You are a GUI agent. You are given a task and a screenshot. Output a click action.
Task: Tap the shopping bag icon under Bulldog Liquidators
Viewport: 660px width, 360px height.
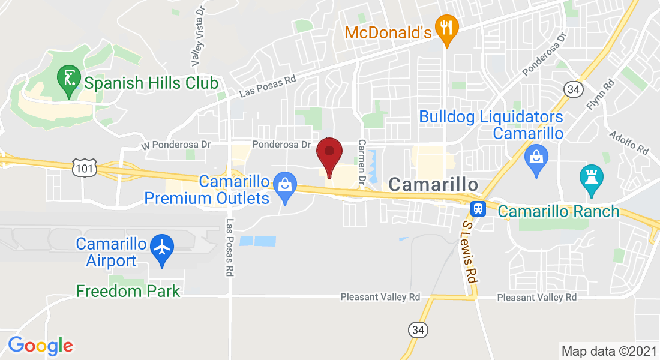click(536, 159)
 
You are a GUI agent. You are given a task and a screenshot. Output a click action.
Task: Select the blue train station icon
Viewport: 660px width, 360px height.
click(478, 208)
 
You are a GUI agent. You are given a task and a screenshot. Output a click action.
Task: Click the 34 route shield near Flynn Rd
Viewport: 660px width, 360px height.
click(574, 90)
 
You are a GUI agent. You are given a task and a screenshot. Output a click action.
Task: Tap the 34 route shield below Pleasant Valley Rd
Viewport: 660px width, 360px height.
click(418, 329)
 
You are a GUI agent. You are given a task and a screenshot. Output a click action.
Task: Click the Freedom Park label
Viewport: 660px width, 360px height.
click(128, 292)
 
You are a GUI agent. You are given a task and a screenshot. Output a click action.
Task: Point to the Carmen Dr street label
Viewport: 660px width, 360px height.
click(362, 161)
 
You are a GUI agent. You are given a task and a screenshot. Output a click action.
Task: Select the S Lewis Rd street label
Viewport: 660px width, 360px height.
click(469, 251)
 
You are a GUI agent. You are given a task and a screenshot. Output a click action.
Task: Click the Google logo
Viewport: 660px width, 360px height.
click(40, 346)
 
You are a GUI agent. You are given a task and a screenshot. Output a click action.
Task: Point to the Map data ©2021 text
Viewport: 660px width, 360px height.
click(608, 350)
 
